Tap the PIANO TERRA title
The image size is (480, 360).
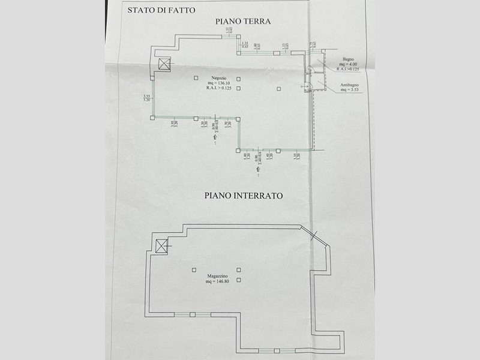point(244,22)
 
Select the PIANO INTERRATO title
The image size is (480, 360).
point(244,196)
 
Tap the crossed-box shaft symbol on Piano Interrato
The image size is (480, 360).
point(161,245)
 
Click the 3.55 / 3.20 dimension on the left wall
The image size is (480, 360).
point(146,98)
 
